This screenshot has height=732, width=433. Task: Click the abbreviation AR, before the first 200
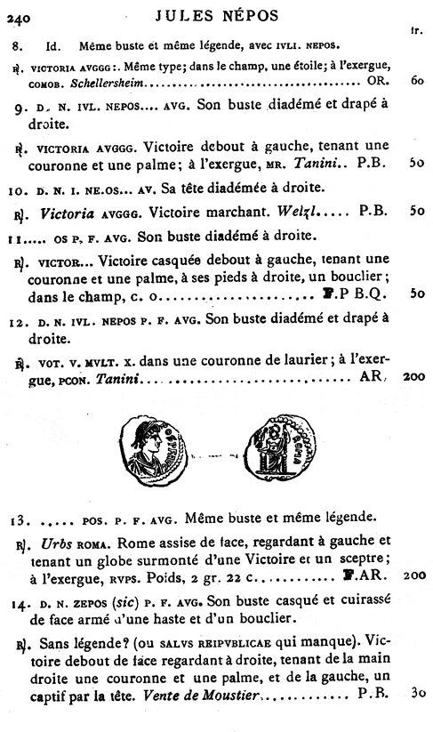pyautogui.click(x=371, y=378)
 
